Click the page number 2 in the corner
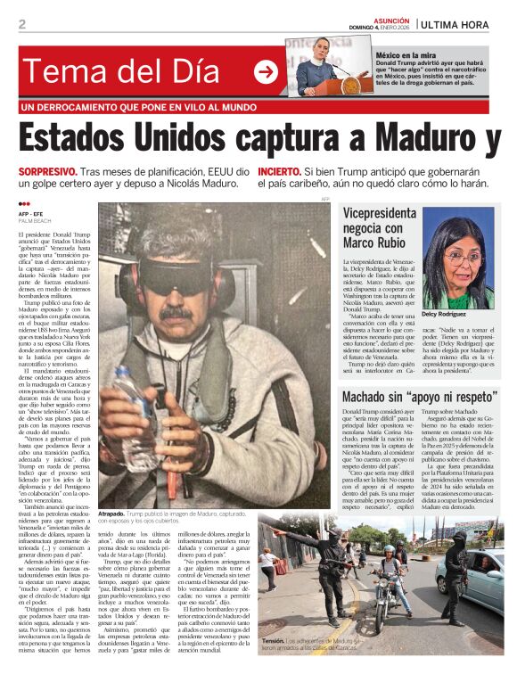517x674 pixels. coord(22,24)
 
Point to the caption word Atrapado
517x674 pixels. coord(111,514)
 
